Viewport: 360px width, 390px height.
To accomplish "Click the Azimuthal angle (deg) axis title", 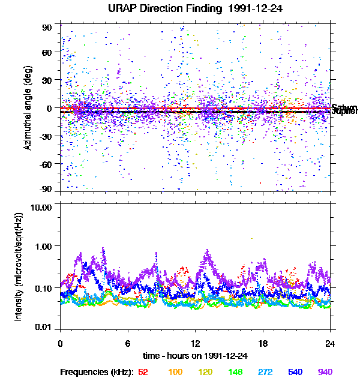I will point(27,108).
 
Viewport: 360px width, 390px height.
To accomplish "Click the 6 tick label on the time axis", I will point(128,344).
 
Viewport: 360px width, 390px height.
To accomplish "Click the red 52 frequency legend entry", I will point(143,373).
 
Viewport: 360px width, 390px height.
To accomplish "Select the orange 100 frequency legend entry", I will point(175,373).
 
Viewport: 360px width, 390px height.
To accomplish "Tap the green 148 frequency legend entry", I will point(235,373).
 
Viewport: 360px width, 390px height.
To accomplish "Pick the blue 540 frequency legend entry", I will point(295,373).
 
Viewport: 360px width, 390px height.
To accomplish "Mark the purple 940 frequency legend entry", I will point(325,373).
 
